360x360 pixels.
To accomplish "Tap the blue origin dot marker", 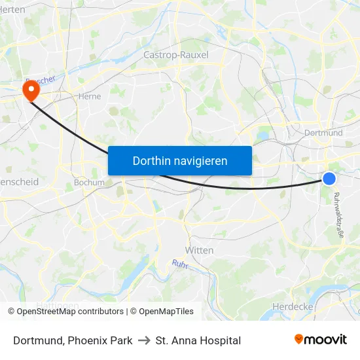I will click(x=329, y=179).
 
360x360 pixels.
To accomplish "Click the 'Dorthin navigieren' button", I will click(x=180, y=160).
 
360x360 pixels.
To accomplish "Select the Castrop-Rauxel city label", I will click(x=175, y=55).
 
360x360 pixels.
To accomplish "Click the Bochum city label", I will click(x=89, y=183).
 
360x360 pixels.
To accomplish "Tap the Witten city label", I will click(x=200, y=250).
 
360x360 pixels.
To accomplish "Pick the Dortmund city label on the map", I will click(x=323, y=133).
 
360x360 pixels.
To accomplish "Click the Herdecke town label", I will click(x=291, y=306).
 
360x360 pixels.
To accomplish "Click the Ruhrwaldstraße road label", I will click(x=338, y=219).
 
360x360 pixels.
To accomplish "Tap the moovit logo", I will click(x=320, y=340).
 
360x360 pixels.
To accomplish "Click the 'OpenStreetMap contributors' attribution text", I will click(x=70, y=312).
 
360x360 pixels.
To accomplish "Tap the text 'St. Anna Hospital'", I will click(x=198, y=340).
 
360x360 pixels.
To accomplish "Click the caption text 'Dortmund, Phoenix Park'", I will click(x=73, y=340).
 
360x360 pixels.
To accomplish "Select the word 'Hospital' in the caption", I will click(x=220, y=340).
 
